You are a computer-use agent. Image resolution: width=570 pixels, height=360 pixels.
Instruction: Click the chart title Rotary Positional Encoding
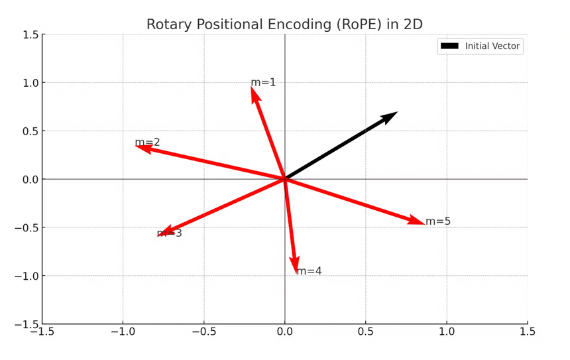click(x=284, y=25)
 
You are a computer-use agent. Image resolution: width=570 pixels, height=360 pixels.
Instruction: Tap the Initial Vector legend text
click(x=493, y=46)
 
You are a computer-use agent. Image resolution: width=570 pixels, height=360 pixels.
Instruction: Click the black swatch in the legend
click(x=450, y=46)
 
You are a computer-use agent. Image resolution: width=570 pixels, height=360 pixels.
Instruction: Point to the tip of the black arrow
click(x=396, y=113)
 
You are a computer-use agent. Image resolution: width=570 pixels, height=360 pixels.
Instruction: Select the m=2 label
click(x=147, y=143)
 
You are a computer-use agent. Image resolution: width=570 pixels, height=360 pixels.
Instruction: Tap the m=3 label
click(x=169, y=233)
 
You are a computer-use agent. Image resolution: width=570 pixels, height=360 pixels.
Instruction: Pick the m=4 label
click(x=309, y=271)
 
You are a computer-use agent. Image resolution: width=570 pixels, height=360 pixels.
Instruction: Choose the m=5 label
click(x=438, y=221)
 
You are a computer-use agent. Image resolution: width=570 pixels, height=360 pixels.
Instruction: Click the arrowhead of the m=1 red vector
click(x=254, y=92)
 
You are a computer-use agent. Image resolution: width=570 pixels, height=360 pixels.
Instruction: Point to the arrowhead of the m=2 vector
click(x=141, y=147)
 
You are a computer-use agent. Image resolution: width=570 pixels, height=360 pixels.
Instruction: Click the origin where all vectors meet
click(x=285, y=179)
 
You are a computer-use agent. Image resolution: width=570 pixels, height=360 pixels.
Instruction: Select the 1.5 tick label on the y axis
click(x=28, y=34)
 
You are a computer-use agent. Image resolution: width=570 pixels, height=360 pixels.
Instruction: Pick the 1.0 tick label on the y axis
click(x=28, y=83)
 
